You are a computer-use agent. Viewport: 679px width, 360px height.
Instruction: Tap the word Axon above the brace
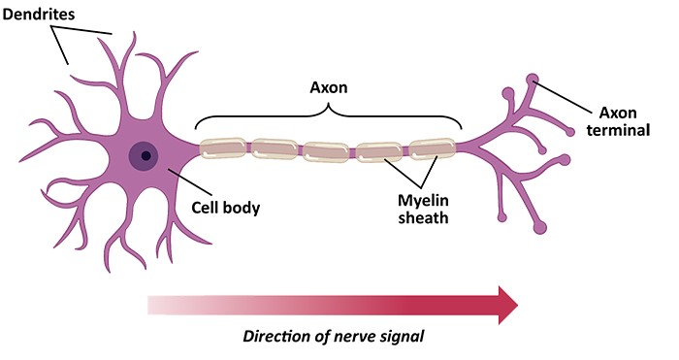[x=330, y=87]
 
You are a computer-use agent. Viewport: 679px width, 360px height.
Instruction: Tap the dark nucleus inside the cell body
[x=145, y=154]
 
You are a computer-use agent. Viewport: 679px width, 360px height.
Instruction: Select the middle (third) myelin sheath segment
[x=328, y=150]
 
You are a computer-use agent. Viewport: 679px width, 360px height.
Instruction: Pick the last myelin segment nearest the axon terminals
[x=432, y=149]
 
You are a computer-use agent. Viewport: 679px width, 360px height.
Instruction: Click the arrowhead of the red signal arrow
[x=503, y=304]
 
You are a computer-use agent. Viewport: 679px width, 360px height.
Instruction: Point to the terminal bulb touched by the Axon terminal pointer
[x=533, y=79]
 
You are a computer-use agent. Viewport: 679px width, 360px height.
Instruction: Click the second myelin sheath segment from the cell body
[x=275, y=149]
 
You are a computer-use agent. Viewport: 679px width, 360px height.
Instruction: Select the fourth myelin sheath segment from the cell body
[x=380, y=150]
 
